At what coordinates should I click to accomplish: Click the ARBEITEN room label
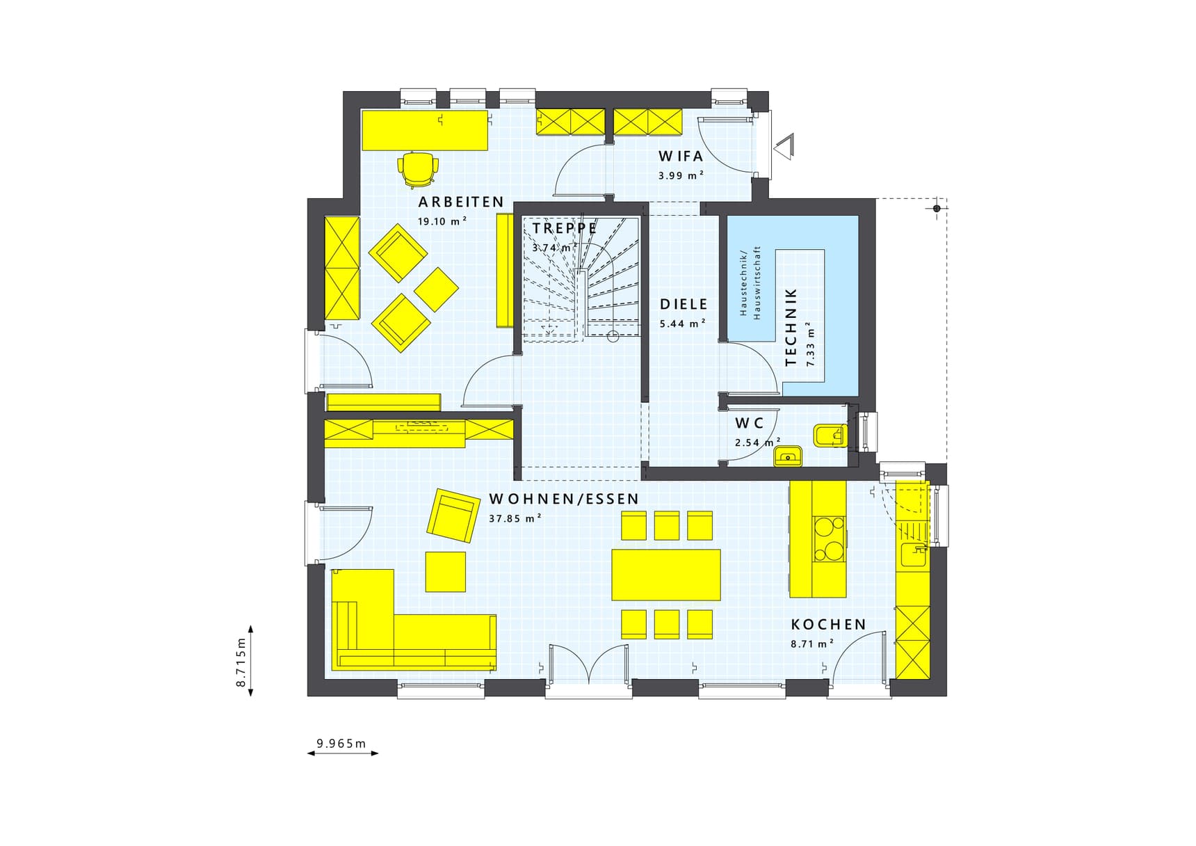click(x=460, y=202)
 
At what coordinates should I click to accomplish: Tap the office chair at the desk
click(x=418, y=168)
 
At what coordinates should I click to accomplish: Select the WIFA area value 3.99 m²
click(x=681, y=176)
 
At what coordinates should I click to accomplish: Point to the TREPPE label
click(x=564, y=228)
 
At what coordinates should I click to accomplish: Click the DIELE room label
click(x=684, y=304)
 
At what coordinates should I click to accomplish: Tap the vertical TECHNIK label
click(x=791, y=327)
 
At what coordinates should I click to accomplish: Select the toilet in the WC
click(x=830, y=436)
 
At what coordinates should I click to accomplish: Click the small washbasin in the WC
click(x=788, y=456)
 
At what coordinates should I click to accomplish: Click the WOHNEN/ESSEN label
click(x=563, y=499)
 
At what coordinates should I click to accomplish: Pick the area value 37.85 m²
click(x=515, y=518)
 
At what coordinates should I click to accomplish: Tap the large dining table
click(x=665, y=575)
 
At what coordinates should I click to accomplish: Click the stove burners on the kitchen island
click(x=830, y=538)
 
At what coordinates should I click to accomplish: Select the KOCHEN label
click(x=828, y=624)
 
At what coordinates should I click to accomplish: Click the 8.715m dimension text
click(x=241, y=662)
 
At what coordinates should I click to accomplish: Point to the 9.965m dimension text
click(x=341, y=743)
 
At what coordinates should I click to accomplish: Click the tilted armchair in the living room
click(x=453, y=515)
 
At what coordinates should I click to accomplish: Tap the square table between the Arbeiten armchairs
click(x=436, y=289)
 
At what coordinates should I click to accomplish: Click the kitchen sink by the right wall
click(x=912, y=554)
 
